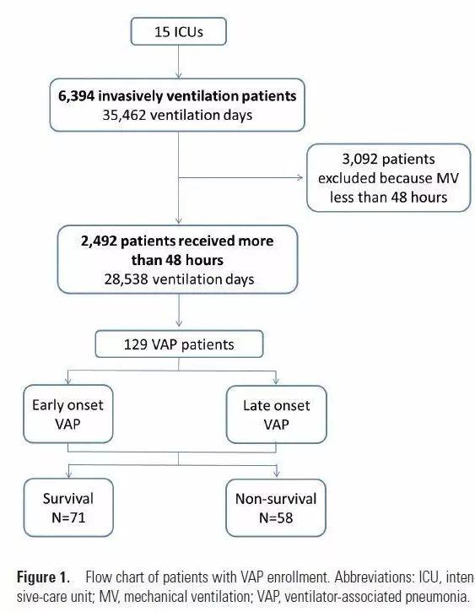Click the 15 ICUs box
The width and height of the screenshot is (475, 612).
(x=178, y=31)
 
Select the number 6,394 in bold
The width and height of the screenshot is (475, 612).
(x=76, y=96)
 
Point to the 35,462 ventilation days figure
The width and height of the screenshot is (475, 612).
(x=177, y=115)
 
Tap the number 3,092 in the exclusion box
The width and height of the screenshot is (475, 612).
(x=359, y=160)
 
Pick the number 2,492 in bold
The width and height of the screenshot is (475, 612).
(x=99, y=241)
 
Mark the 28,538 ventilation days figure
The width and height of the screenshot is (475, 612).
(x=179, y=279)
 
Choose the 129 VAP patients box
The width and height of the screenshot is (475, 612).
(x=179, y=344)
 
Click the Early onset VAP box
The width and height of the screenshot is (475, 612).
(x=68, y=414)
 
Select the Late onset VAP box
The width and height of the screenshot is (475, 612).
(x=276, y=414)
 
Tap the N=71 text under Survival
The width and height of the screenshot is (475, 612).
(x=68, y=517)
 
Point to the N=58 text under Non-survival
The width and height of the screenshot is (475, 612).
(x=276, y=518)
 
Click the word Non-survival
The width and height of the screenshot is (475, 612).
(x=276, y=499)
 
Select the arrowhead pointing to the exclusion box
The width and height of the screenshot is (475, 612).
(x=300, y=178)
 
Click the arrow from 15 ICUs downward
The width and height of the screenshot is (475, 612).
(x=179, y=62)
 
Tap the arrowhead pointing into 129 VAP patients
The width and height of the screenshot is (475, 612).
(x=179, y=323)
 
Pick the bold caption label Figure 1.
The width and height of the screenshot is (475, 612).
(x=43, y=577)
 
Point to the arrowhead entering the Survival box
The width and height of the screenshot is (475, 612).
(x=68, y=474)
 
